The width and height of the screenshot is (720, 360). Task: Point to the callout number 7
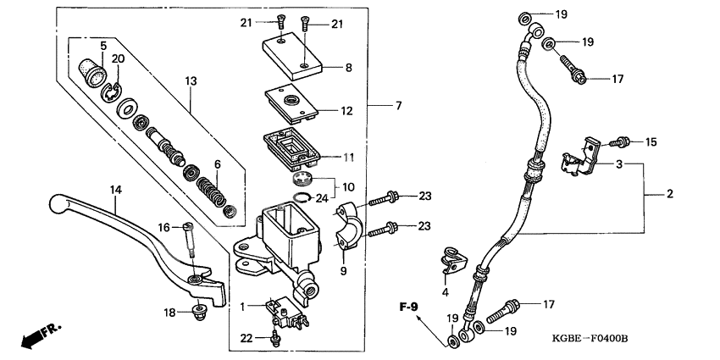click(x=398, y=106)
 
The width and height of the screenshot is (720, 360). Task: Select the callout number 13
click(x=191, y=80)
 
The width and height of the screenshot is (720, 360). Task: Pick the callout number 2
click(x=669, y=195)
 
